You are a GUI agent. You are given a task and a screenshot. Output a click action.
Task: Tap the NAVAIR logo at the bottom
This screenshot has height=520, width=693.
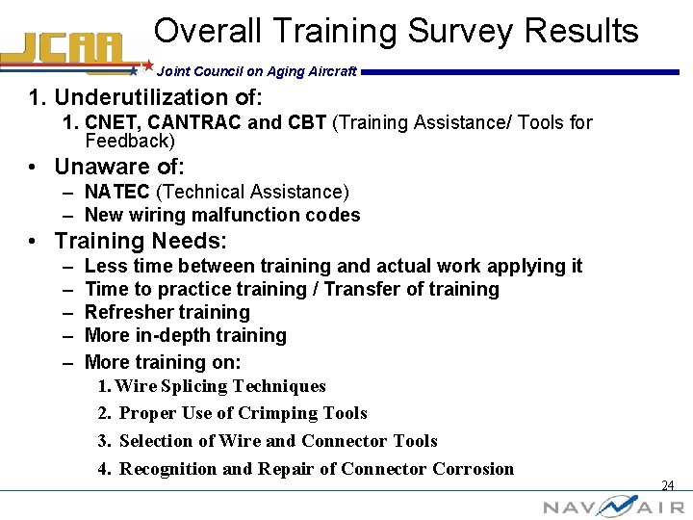(x=613, y=506)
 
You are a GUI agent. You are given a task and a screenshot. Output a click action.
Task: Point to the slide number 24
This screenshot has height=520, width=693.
(x=667, y=485)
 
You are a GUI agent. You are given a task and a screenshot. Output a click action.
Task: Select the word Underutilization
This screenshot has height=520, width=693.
(x=160, y=97)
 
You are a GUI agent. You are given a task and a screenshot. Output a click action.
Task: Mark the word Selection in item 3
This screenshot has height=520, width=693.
(x=156, y=441)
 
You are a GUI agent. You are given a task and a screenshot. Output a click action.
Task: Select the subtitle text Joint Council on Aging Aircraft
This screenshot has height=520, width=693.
(x=257, y=71)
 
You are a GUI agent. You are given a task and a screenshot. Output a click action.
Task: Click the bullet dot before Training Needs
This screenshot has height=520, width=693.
(x=34, y=241)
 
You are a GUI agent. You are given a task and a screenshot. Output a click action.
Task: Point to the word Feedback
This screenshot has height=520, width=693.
(x=127, y=141)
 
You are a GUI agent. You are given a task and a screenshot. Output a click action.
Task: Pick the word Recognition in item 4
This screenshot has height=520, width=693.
(x=168, y=469)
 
